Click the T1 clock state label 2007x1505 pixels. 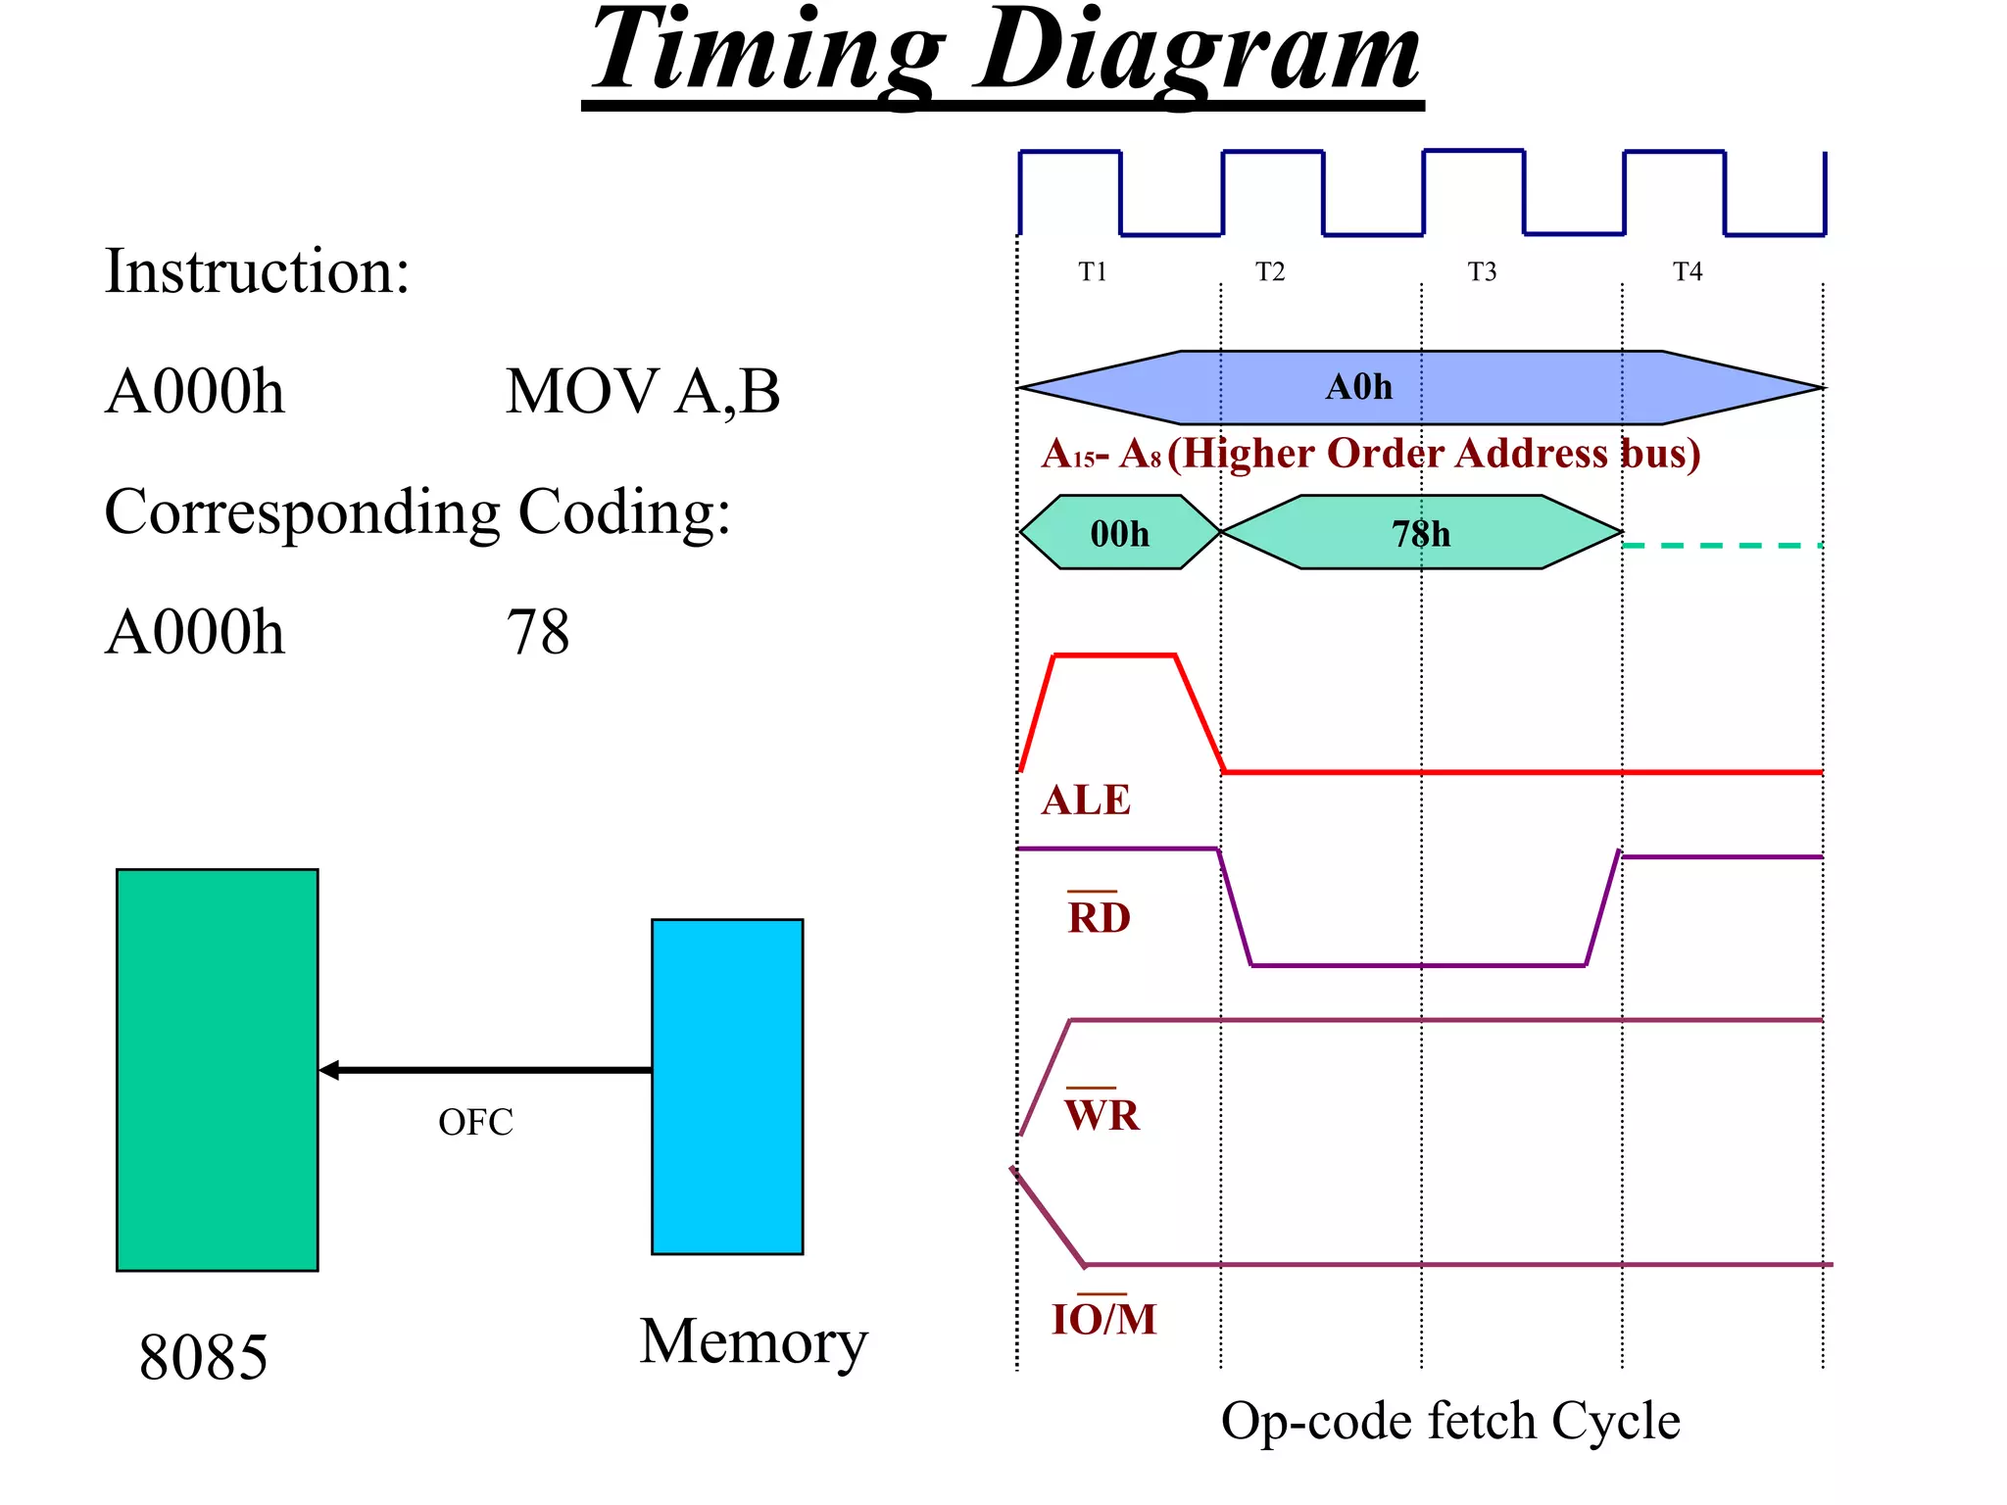point(1092,271)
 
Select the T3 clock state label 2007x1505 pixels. point(1482,271)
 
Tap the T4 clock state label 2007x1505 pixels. point(1687,271)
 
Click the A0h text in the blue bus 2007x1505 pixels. point(1358,387)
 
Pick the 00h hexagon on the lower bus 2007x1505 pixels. point(1119,533)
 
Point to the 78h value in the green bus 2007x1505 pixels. point(1421,533)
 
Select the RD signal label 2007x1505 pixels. point(1099,917)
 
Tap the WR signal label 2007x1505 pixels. point(1102,1114)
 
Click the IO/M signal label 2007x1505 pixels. point(1103,1319)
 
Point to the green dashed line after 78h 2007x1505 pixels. point(1722,545)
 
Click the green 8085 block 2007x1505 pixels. point(217,1069)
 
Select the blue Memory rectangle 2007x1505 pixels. point(727,1086)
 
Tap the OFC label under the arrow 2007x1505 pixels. point(475,1123)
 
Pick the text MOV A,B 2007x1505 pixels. point(642,392)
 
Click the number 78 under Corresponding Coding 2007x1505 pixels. point(537,632)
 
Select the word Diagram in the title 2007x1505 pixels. point(1198,54)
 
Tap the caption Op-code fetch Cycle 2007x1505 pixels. point(1449,1421)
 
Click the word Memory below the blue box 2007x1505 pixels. point(753,1341)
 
